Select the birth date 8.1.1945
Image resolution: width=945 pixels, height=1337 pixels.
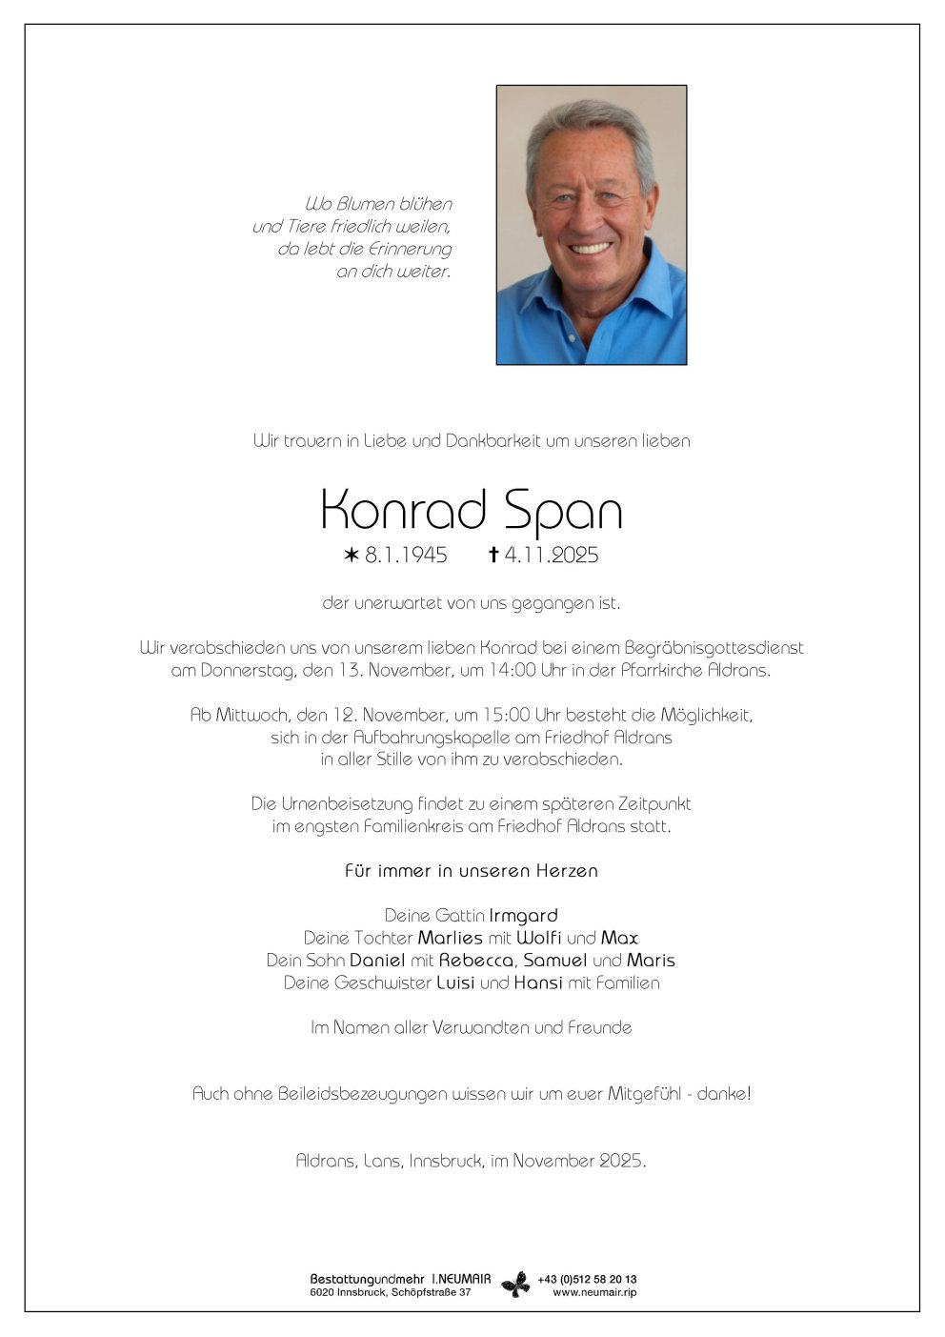[406, 555]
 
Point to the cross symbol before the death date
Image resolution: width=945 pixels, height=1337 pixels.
[493, 555]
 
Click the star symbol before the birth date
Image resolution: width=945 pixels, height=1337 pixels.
[352, 555]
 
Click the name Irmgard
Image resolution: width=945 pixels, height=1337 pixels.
[523, 915]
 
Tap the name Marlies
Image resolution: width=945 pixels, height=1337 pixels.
[451, 938]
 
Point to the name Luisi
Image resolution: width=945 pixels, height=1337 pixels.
[455, 982]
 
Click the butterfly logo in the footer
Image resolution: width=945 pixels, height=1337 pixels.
[515, 1285]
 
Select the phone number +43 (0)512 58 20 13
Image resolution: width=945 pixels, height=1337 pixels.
[587, 1279]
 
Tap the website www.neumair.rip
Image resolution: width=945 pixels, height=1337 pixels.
[594, 1292]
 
